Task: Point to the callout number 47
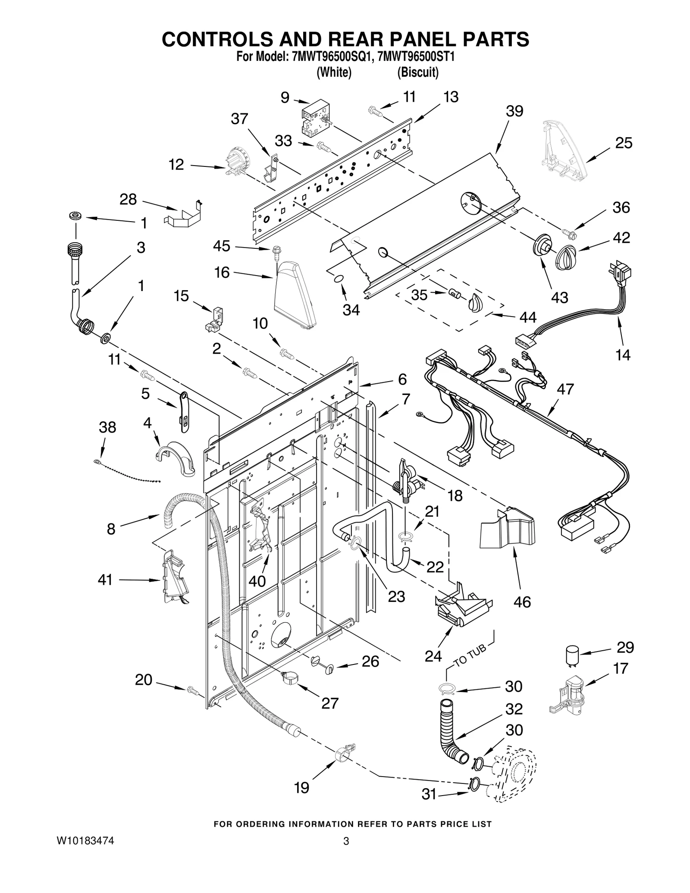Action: tap(565, 389)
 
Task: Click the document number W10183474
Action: tap(85, 840)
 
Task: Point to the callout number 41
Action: tap(105, 580)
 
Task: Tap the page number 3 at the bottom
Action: tap(345, 841)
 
